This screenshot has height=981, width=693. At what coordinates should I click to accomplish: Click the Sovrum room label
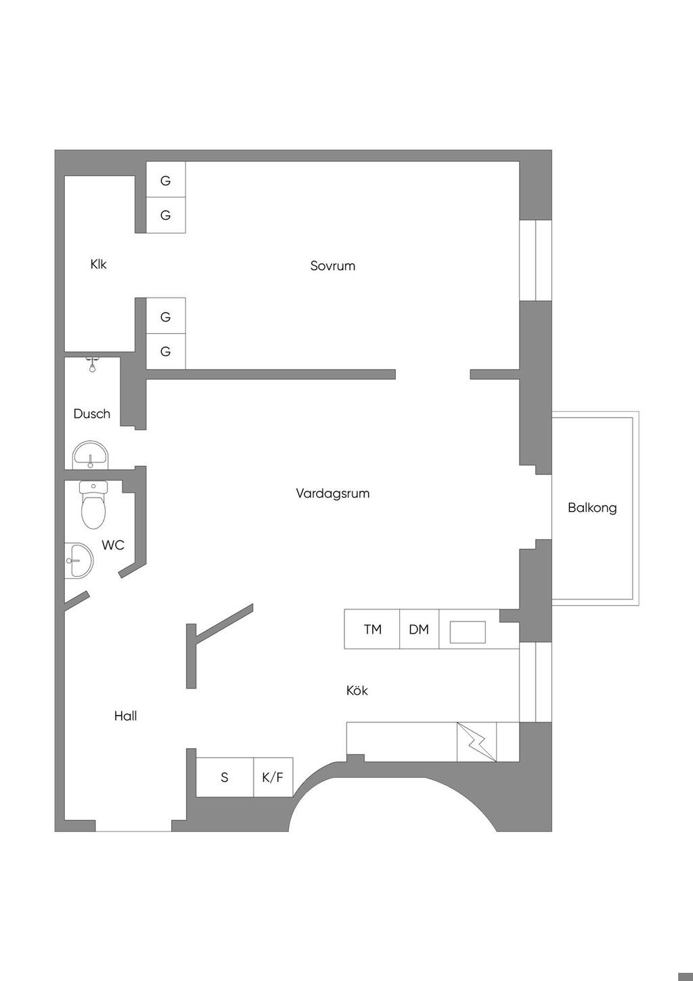[332, 265]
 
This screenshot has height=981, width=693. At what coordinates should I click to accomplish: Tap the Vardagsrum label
[332, 493]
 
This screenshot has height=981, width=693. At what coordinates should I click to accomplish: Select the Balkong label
[592, 507]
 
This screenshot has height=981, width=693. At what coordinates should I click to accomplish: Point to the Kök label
[357, 691]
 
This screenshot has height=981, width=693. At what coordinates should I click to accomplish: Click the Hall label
[125, 716]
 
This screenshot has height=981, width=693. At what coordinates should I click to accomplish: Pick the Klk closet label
[98, 264]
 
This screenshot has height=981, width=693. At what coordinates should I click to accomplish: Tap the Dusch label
[91, 414]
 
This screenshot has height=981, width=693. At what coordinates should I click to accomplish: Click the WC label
[113, 545]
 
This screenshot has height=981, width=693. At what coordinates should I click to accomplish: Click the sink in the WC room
[79, 561]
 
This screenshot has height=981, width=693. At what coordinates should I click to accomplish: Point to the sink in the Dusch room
[90, 456]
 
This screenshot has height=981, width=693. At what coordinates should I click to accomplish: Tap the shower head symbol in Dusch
[91, 366]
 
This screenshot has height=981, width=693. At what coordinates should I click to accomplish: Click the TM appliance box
[372, 630]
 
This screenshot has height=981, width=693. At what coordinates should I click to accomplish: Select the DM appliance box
[419, 630]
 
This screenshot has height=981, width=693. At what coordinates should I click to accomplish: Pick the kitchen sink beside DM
[468, 632]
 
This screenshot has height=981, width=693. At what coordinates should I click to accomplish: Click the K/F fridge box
[273, 777]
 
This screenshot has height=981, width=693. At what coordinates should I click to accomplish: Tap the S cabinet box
[225, 777]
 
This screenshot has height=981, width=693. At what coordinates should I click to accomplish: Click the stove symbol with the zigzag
[476, 742]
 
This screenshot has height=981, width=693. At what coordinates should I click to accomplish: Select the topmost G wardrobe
[166, 180]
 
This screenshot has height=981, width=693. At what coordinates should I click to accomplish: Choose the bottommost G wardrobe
[166, 351]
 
